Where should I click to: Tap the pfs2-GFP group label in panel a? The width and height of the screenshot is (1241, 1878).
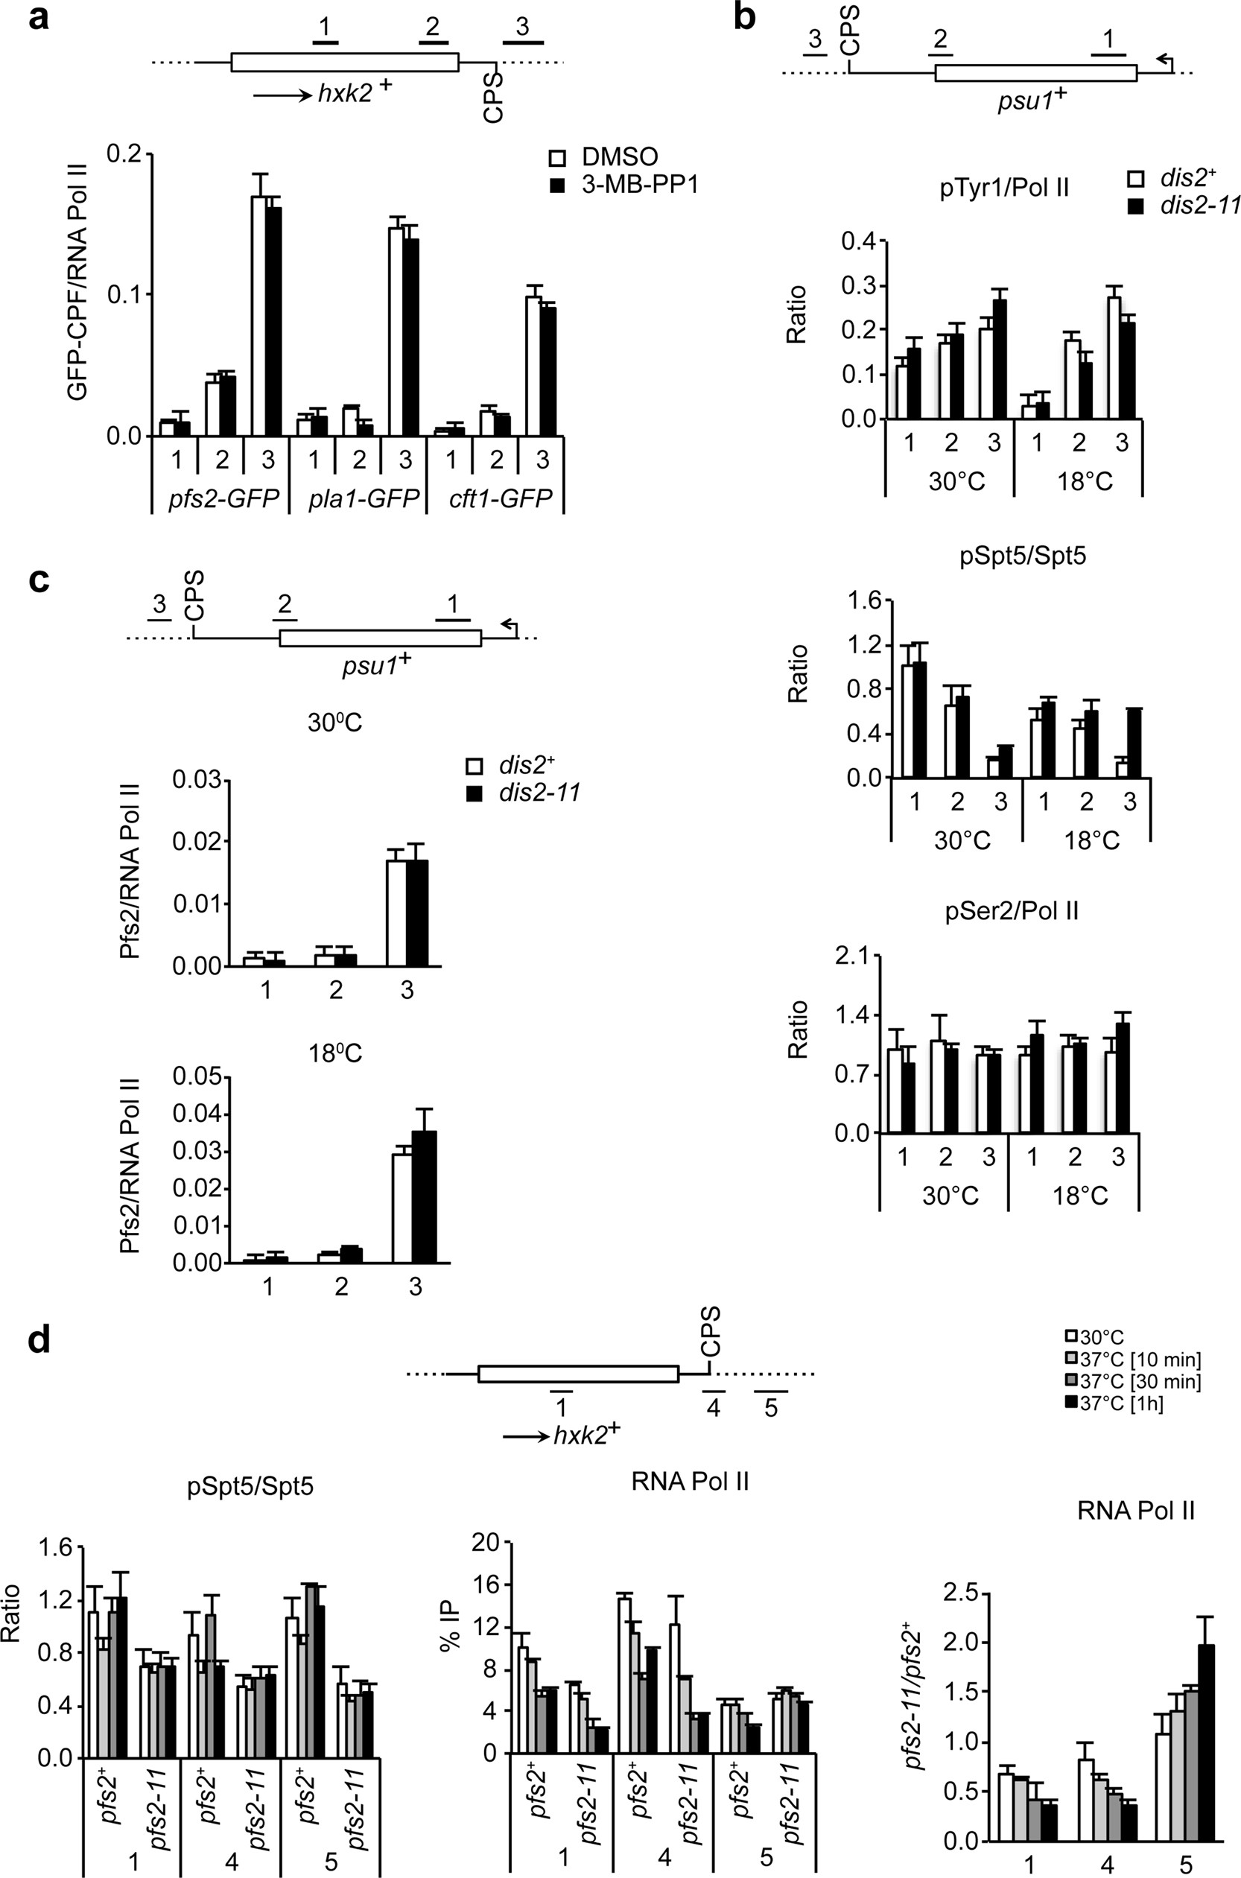pyautogui.click(x=219, y=501)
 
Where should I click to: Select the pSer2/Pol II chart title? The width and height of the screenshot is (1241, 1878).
pyautogui.click(x=1012, y=911)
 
